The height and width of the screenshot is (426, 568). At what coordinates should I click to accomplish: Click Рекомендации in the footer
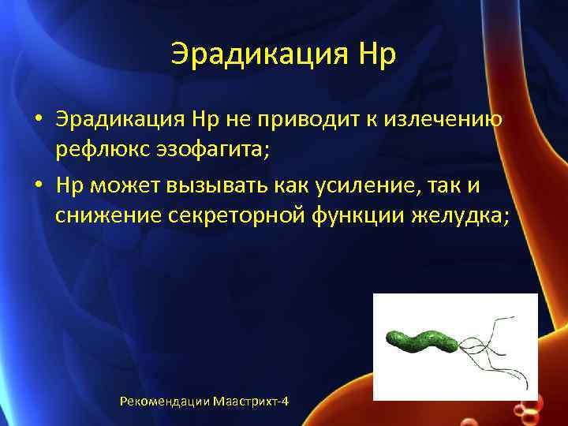coord(164,402)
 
